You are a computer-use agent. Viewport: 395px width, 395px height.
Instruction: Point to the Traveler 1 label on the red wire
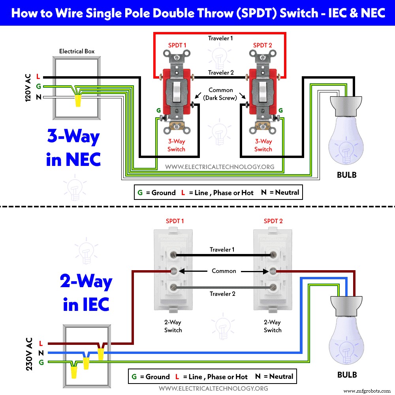(x=220, y=39)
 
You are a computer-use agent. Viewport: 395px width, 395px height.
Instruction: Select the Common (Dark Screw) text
(x=221, y=94)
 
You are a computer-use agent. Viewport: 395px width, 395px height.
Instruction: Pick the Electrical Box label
(x=77, y=51)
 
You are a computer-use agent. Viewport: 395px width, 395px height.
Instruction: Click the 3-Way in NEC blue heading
(x=73, y=148)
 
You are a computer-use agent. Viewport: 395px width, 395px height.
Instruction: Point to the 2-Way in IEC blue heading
(x=86, y=292)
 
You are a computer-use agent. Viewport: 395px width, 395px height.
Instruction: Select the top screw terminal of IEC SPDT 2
(x=273, y=256)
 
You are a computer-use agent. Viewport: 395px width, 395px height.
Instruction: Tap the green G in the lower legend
(x=134, y=376)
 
